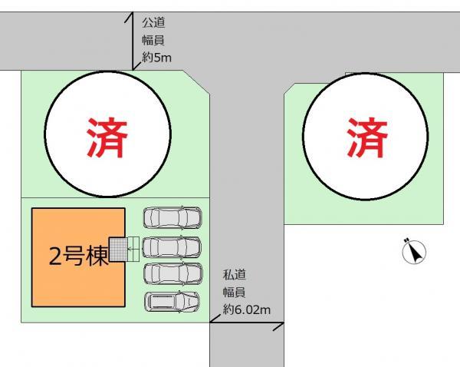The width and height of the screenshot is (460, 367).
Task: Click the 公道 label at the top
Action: point(153,22)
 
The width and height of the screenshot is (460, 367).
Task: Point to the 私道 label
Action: point(234,275)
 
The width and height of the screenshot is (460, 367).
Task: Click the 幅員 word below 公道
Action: point(153,39)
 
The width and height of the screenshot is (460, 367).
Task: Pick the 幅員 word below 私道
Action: point(234,292)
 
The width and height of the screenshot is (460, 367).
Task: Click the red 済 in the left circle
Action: point(107,137)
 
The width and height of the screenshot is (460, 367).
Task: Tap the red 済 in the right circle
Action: point(366,137)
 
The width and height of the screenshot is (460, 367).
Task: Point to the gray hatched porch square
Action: point(118,250)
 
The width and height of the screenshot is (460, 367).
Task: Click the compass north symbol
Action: point(414,251)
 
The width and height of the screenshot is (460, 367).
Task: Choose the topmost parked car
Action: point(172,218)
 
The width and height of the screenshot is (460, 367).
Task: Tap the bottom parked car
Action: point(172,302)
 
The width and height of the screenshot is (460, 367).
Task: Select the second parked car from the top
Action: point(172,246)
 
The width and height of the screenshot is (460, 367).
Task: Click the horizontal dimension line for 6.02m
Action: point(247,323)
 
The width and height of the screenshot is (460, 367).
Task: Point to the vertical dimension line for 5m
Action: point(133,42)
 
